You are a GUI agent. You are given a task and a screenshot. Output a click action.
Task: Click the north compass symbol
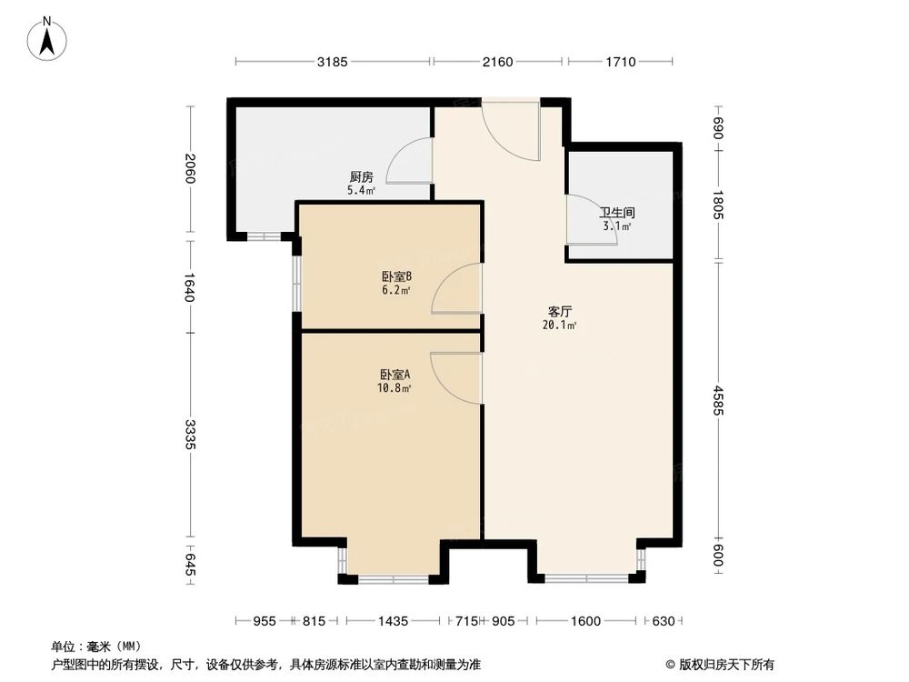click(x=48, y=39)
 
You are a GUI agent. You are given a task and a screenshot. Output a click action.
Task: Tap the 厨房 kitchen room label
click(x=361, y=177)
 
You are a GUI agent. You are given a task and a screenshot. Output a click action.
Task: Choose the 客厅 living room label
click(x=553, y=311)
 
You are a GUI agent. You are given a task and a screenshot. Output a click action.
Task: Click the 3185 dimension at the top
click(x=333, y=62)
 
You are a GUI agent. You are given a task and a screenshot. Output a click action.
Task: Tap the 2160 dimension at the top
click(x=498, y=62)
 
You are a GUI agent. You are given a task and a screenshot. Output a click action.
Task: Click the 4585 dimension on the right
click(x=717, y=401)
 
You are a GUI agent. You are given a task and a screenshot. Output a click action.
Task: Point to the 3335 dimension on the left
click(x=189, y=434)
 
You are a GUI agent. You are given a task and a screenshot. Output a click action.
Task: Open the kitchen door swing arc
click(x=409, y=161)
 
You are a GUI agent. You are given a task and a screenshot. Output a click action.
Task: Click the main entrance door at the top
click(x=511, y=132)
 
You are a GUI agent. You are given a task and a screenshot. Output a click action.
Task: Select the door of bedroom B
click(x=457, y=289)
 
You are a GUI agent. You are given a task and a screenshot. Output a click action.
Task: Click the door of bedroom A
click(x=457, y=377)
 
